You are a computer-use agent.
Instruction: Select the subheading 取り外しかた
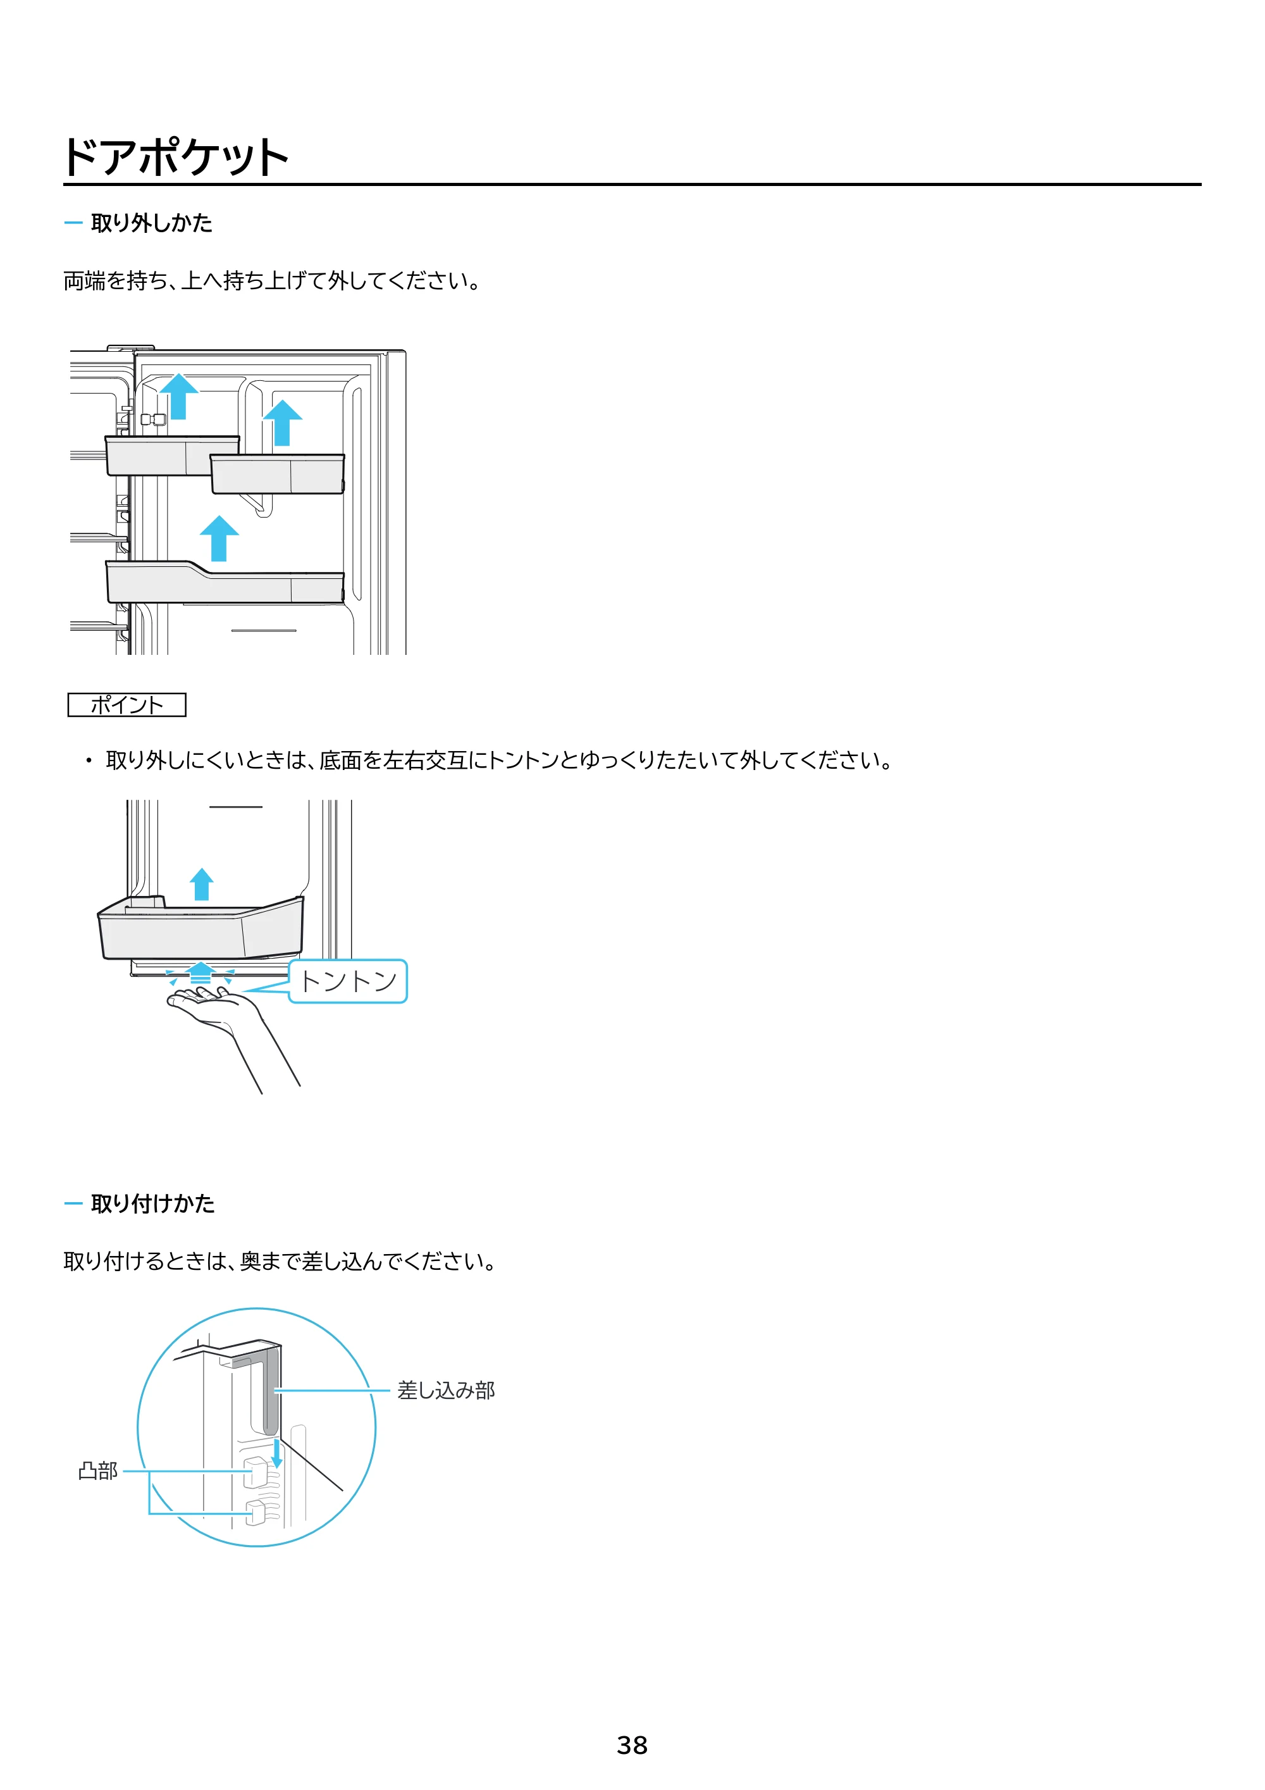151,223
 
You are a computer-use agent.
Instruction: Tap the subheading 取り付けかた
153,1203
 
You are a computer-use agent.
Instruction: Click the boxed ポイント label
127,705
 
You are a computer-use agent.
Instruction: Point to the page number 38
632,1745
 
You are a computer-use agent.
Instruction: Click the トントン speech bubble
349,981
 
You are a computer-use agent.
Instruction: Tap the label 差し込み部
446,1390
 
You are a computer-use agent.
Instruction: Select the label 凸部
98,1470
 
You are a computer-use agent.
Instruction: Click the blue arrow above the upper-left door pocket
179,396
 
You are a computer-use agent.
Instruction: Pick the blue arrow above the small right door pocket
282,423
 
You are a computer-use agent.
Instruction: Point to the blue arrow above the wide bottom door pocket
219,538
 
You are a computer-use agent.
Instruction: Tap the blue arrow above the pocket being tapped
202,884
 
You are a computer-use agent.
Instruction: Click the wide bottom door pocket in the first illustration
225,582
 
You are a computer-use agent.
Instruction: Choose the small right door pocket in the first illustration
278,474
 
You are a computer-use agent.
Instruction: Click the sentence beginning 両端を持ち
273,281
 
